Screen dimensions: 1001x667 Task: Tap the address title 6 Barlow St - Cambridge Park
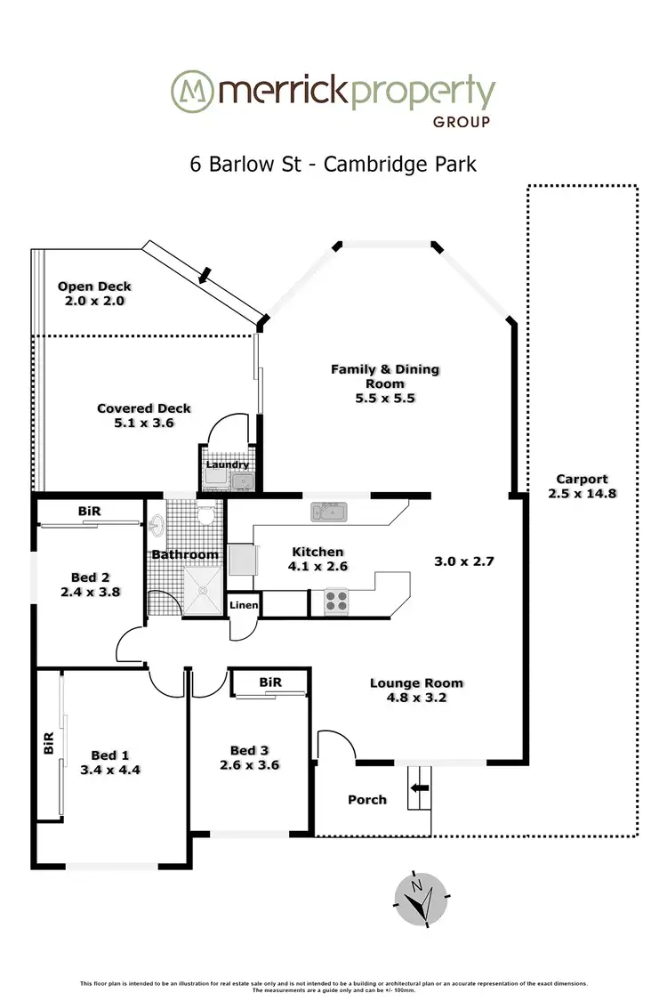coord(333,164)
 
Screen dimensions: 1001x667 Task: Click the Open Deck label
coord(94,287)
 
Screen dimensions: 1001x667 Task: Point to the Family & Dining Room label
coord(385,369)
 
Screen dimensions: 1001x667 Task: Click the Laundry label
coord(228,464)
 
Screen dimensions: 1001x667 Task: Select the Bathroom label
coord(184,555)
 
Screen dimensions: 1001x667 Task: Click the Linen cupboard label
coord(244,606)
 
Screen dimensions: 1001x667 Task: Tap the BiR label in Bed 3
coord(270,682)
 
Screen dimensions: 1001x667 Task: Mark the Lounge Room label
coord(416,683)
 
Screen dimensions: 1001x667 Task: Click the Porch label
coord(366,799)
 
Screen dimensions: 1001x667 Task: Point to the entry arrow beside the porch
coord(419,787)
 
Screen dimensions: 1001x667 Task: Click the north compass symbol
coord(417,897)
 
